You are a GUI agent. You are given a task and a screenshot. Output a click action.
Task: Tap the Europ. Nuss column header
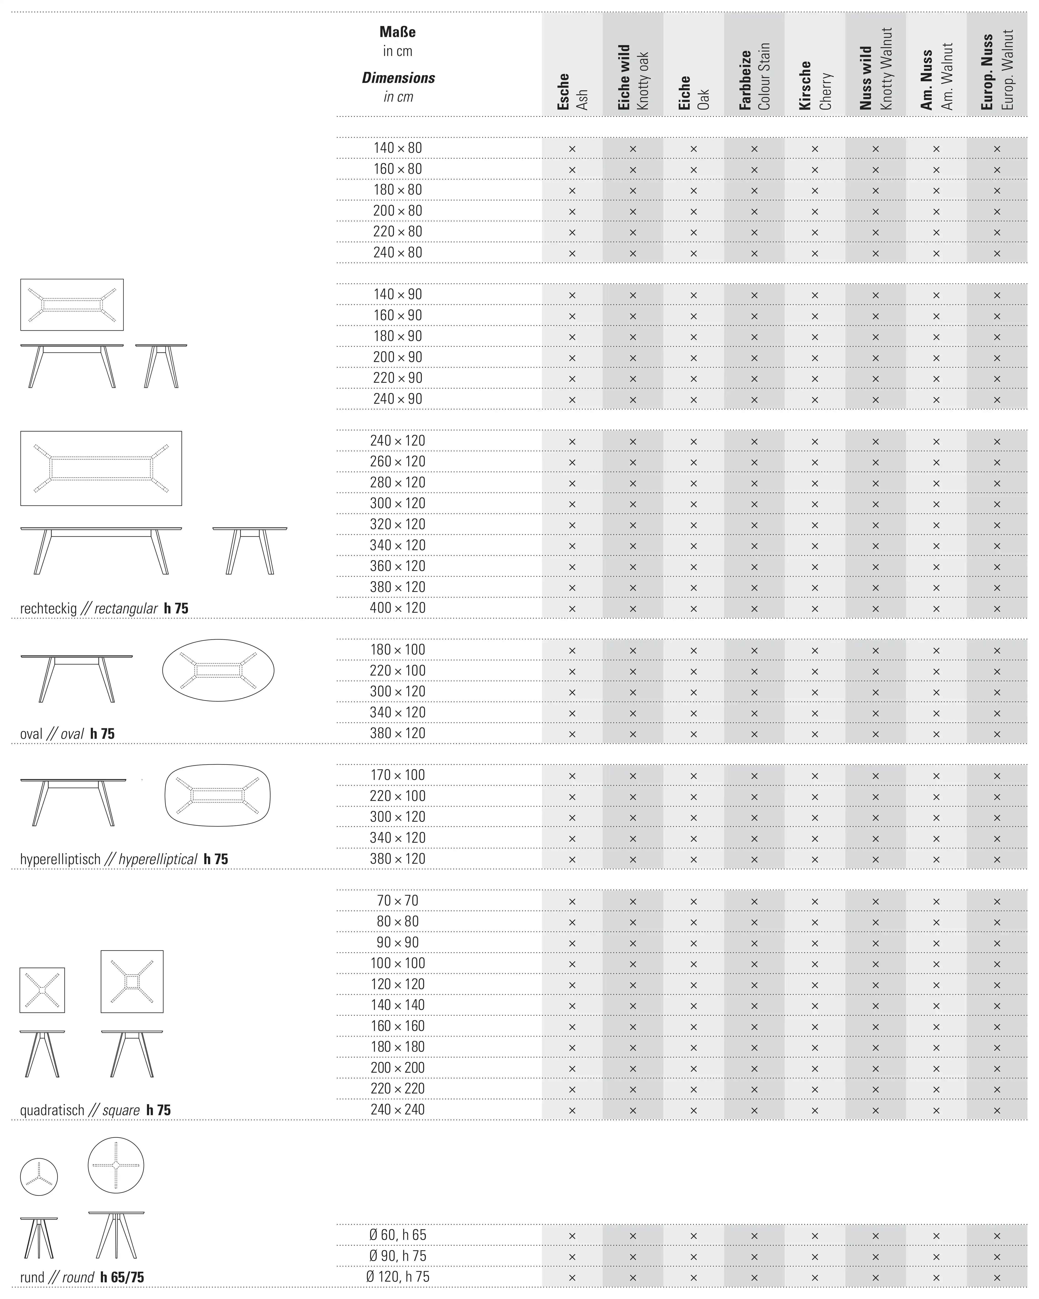(996, 71)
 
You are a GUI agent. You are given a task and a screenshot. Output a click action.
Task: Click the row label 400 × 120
(397, 608)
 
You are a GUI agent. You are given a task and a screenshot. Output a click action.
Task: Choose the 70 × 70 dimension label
(397, 901)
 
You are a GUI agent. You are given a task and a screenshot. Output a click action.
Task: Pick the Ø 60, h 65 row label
(397, 1235)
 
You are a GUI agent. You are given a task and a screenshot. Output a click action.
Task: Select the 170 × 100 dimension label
(397, 775)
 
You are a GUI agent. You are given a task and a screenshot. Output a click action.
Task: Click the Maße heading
(397, 32)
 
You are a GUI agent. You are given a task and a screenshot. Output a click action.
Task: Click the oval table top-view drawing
(218, 670)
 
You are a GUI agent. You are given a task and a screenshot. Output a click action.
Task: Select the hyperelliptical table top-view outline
(217, 796)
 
